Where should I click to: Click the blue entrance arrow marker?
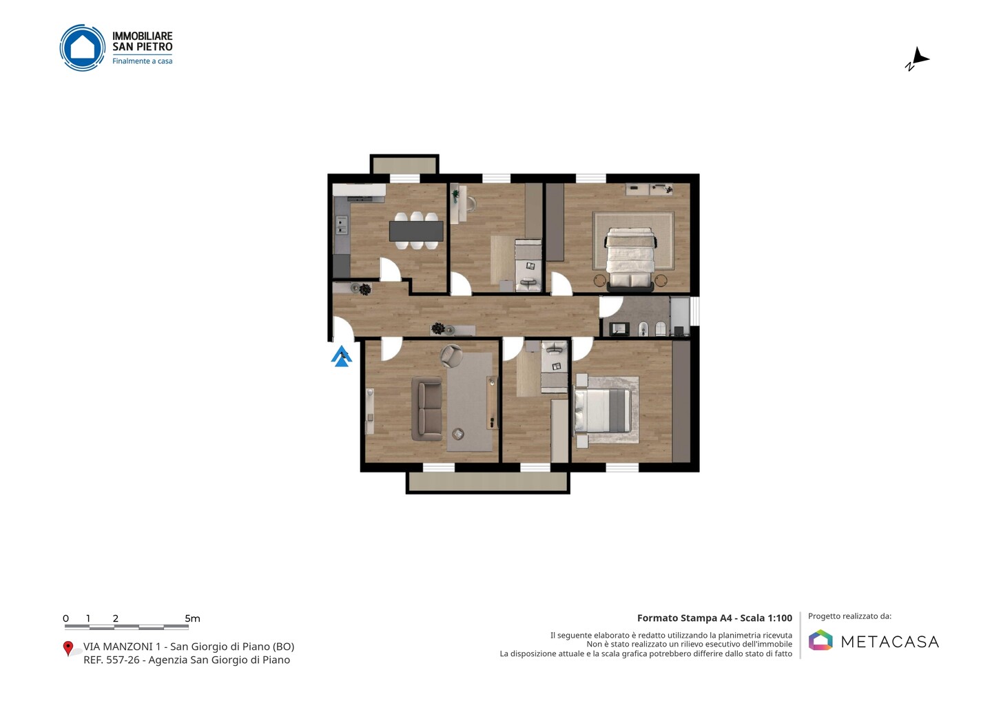point(342,357)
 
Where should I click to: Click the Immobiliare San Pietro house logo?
point(83,48)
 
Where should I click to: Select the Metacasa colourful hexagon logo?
point(820,640)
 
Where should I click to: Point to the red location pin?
point(68,648)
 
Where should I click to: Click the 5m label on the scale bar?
point(193,618)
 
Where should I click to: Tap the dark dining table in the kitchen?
point(416,231)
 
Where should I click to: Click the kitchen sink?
point(341,224)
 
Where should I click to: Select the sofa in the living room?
point(427,408)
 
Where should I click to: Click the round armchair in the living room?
point(451,355)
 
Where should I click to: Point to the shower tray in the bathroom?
point(679,317)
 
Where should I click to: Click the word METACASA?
point(890,642)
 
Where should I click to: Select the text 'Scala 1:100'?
point(766,618)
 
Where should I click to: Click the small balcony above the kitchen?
point(404,165)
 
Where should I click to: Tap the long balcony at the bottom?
point(488,482)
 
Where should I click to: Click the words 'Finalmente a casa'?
point(142,61)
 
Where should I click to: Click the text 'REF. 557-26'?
point(111,660)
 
